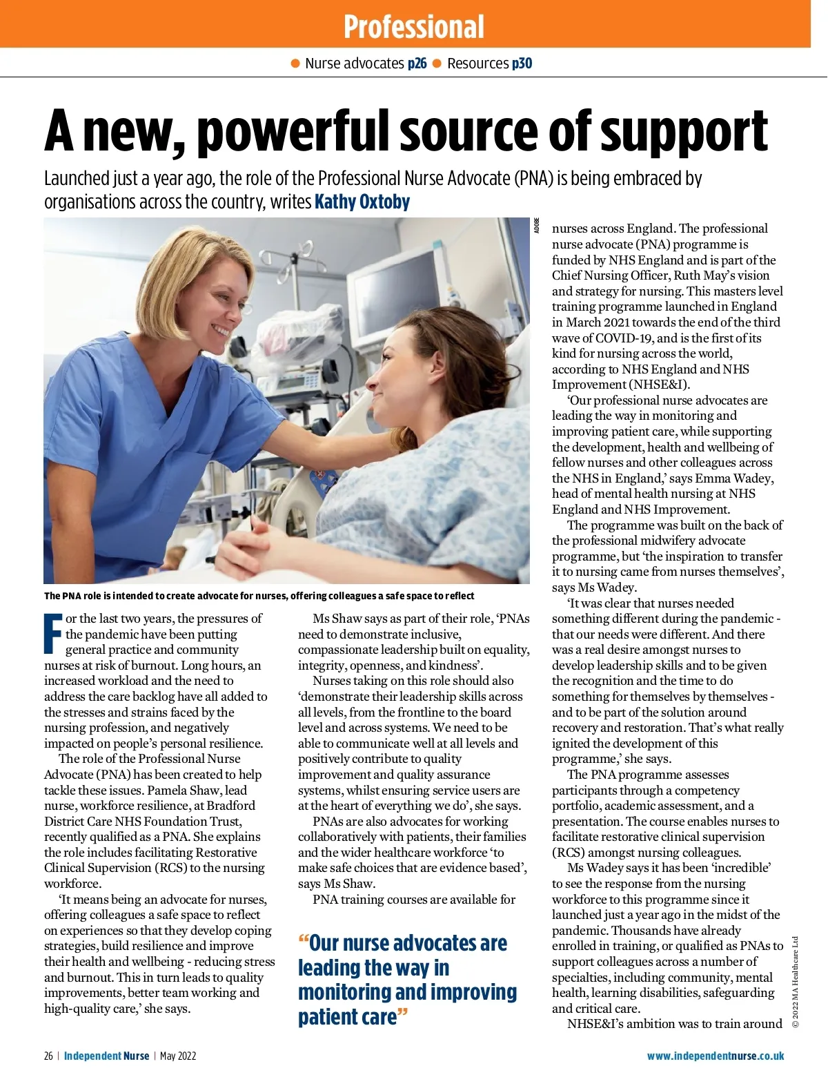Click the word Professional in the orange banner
coord(414,27)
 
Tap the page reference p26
coord(417,64)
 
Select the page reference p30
coord(522,64)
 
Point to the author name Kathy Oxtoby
coord(362,202)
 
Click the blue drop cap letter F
coord(53,633)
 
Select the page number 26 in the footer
coord(48,1056)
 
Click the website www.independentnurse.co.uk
coord(716,1056)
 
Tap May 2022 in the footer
coord(178,1056)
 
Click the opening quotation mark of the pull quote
coord(303,942)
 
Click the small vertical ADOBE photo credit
coord(537,226)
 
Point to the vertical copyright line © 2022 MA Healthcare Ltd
coord(795,981)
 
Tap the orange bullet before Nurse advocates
coord(295,64)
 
